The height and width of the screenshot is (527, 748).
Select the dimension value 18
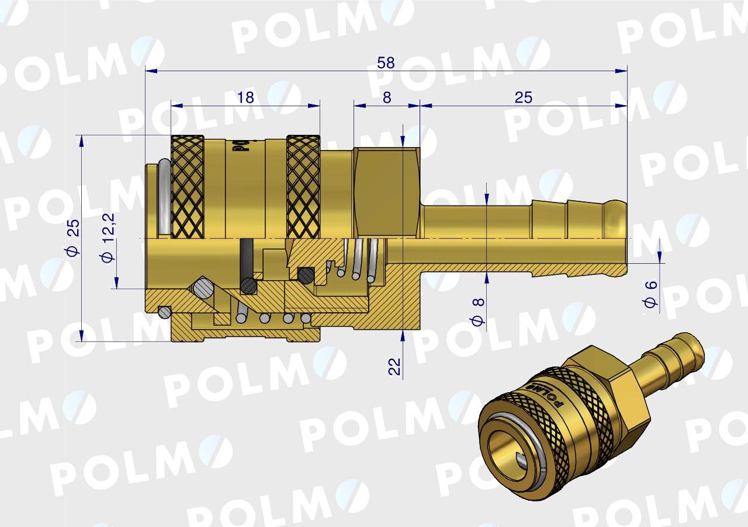[x=246, y=97]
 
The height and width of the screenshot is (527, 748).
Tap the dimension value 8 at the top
[x=387, y=97]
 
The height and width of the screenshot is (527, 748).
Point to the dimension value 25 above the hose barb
[x=524, y=97]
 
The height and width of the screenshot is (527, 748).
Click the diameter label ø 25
[x=72, y=238]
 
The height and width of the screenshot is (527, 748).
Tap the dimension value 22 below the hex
[x=395, y=367]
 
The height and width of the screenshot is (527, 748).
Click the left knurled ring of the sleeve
[x=187, y=187]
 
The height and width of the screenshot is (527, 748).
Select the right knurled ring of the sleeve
[x=303, y=187]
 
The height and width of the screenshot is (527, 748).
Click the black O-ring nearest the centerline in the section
[x=305, y=274]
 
